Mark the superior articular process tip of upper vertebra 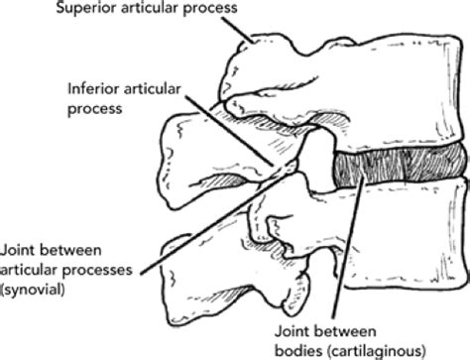click(x=253, y=45)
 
